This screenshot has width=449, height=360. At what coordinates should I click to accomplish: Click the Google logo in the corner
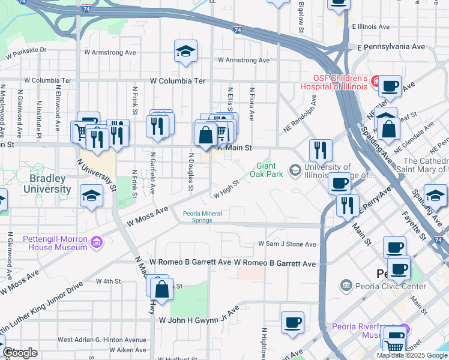tap(20, 353)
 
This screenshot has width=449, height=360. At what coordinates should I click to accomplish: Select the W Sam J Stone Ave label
tap(286, 244)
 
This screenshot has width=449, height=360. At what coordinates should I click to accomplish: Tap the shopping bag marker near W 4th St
tap(162, 289)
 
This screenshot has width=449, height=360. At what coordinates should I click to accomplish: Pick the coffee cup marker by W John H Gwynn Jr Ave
tap(292, 323)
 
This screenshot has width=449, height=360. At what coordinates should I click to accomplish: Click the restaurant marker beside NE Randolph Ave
tap(321, 151)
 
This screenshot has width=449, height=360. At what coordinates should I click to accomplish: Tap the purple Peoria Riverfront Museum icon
tap(405, 329)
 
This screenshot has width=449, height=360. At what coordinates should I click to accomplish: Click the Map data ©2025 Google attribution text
tap(412, 355)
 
